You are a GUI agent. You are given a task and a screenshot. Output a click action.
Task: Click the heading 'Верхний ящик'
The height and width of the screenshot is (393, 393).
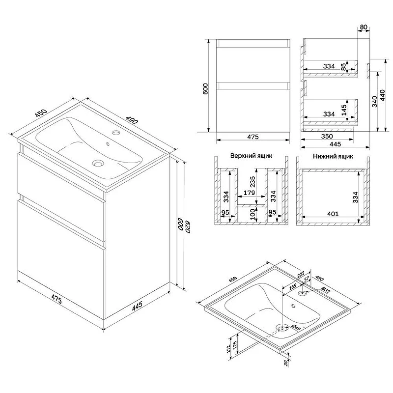click(x=251, y=156)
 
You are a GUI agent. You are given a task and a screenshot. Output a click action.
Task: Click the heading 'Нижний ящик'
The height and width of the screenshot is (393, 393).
click(x=333, y=156)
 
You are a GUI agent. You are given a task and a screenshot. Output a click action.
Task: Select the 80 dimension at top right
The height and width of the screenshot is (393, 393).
click(x=364, y=27)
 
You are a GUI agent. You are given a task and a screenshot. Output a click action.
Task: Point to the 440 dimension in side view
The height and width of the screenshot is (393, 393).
click(x=383, y=95)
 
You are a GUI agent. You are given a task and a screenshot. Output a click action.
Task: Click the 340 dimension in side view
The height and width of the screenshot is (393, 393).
click(x=374, y=101)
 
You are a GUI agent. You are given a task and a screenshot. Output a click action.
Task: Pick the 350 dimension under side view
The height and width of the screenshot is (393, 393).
click(x=327, y=137)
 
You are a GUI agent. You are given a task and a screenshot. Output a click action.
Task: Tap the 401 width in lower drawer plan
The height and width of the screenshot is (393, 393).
click(x=333, y=214)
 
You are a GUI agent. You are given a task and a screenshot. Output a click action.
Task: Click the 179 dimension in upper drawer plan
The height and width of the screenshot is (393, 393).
click(x=249, y=193)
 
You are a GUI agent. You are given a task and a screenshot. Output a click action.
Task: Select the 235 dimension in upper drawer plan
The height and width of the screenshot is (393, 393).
click(x=253, y=182)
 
